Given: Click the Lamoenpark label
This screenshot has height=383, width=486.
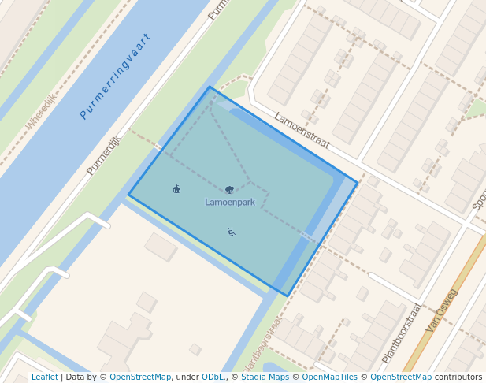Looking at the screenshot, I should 230,203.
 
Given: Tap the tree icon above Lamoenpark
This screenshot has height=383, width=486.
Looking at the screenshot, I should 229,189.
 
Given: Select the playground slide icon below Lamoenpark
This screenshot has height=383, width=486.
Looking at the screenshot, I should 231,232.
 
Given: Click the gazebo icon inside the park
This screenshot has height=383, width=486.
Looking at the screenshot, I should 176,189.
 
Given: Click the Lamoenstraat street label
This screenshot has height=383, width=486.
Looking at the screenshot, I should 302,130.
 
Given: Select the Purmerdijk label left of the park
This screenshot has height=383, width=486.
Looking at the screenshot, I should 104,154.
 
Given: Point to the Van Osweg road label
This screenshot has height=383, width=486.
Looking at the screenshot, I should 441,310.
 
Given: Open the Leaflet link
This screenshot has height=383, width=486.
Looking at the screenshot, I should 45,377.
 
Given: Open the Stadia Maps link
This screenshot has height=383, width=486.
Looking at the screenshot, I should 265,377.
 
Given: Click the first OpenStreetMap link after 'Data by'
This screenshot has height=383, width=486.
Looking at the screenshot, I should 140,377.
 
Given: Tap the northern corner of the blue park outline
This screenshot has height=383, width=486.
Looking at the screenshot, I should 210,87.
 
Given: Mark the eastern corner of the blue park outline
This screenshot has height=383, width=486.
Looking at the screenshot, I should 358,183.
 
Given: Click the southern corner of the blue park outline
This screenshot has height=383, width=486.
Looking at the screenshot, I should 288,296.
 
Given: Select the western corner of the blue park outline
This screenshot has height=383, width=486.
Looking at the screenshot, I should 128,195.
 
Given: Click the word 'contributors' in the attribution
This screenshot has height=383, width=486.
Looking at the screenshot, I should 458,377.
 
